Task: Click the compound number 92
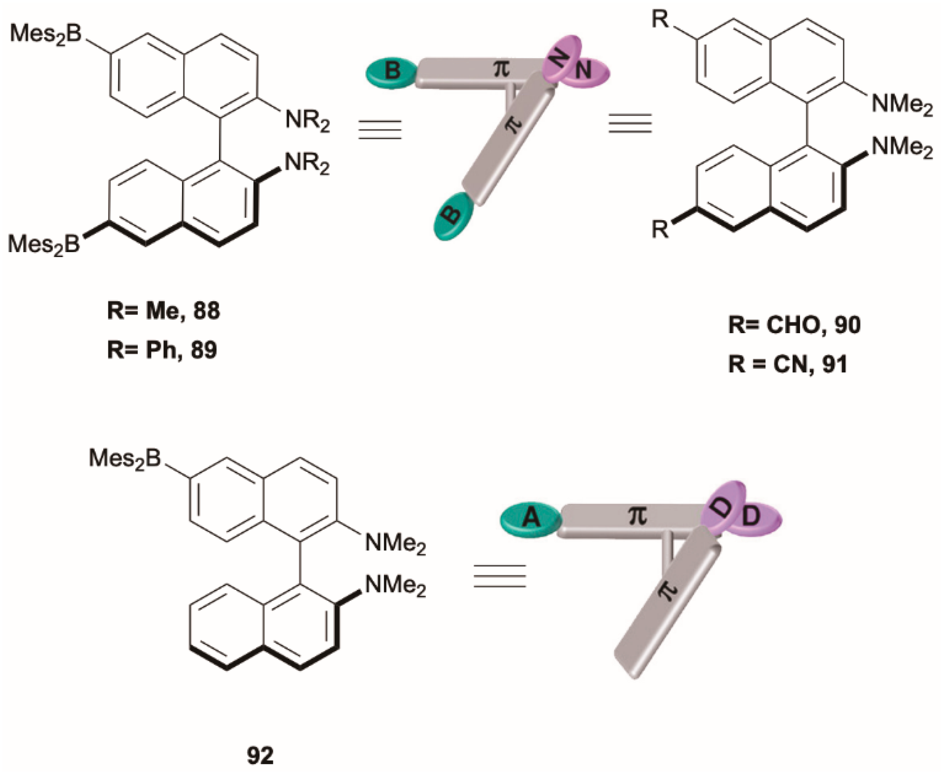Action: point(260,756)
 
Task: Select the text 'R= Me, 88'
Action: point(164,311)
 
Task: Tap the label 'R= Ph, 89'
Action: point(162,349)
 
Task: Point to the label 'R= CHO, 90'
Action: point(794,325)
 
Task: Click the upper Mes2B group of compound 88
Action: point(46,34)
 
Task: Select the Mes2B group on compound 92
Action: point(125,459)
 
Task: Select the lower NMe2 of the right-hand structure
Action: point(901,148)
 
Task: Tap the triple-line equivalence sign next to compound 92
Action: point(500,576)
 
